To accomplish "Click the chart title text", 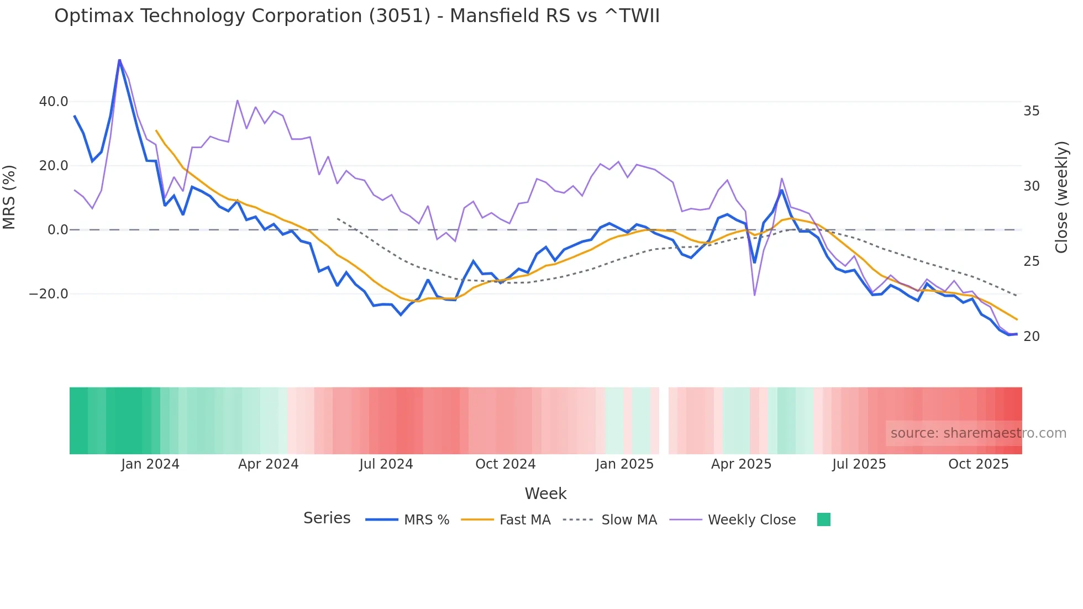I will (357, 16).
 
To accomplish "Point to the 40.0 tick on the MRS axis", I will (54, 102).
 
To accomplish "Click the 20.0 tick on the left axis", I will (54, 166).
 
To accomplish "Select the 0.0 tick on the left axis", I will (57, 230).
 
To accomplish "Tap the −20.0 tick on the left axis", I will (49, 294).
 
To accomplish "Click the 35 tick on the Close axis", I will (1031, 111).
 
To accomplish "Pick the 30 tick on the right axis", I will (1031, 186).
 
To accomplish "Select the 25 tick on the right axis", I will (1031, 261).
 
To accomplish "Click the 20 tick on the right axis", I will (1031, 337).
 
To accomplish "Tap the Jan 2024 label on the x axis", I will (150, 464).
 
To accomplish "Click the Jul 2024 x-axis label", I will (386, 464).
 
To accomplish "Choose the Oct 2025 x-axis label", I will (978, 464).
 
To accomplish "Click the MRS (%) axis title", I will (9, 197).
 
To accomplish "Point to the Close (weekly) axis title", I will (1061, 197).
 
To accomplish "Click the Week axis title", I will (545, 494).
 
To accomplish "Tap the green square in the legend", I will (823, 520).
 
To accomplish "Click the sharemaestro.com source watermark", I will (978, 433).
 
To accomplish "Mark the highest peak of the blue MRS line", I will (119, 60).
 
